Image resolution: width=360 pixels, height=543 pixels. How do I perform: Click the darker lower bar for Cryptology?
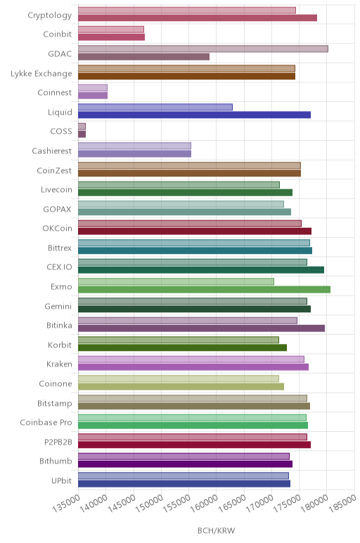point(198,18)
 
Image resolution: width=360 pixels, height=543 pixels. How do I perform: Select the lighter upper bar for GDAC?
point(202,49)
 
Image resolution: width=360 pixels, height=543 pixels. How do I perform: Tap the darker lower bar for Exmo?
point(204,290)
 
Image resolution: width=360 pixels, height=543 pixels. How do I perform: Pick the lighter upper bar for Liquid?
point(155,107)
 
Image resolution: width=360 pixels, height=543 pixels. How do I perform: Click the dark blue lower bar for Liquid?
point(194,115)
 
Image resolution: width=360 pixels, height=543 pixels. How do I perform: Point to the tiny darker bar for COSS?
point(82,134)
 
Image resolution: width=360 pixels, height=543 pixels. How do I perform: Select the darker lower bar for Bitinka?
point(202,328)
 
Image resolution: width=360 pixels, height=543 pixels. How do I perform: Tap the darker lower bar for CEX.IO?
point(201,270)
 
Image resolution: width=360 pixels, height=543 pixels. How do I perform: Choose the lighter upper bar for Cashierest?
point(134,146)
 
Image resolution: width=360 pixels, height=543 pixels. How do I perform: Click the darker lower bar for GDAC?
point(143,57)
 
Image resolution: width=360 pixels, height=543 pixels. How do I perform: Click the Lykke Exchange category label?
point(41,73)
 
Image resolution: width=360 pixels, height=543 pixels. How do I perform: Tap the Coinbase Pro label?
point(46,423)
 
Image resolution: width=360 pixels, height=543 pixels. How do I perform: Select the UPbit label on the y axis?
point(62,480)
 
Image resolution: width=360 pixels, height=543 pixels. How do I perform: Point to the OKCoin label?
point(58,229)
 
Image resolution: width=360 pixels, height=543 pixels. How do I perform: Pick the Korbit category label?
point(60,345)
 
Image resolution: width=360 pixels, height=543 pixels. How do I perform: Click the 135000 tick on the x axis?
point(66,503)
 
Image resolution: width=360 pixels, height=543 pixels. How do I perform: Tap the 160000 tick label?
point(204,503)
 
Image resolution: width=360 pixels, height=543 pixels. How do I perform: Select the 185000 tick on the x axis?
point(342,503)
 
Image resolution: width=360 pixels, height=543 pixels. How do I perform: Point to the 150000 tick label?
point(149,503)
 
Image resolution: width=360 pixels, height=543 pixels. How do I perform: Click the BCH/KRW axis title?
point(217,530)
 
